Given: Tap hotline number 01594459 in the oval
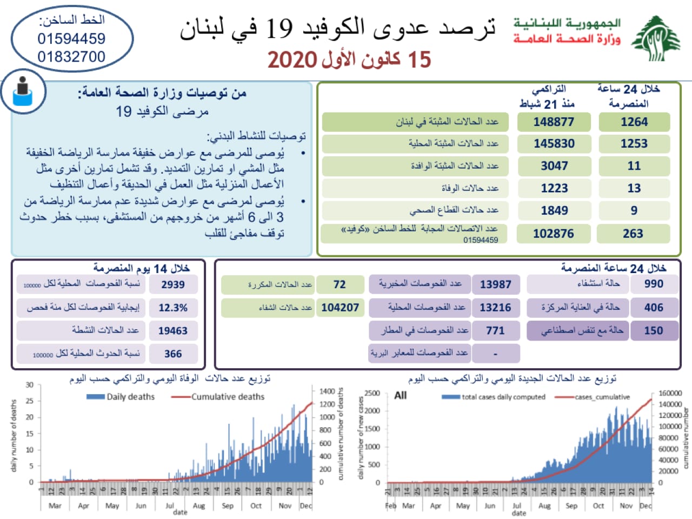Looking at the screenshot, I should pos(71,39).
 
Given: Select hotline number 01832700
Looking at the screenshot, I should pos(71,57).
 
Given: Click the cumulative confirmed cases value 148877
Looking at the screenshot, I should pos(554,122).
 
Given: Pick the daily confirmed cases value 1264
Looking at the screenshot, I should pos(634,122).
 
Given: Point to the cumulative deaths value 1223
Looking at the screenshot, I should pos(554,188).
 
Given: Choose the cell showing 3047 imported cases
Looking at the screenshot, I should pos(554,166).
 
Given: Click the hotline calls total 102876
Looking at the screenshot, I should pos(554,234).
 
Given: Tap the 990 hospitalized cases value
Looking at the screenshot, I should pos(654,284).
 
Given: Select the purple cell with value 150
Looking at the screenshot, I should pos(654,330).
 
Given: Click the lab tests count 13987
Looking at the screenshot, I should pos(495,284).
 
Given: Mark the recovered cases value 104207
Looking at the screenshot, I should pos(340,308).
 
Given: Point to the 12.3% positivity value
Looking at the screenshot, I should pos(173,308).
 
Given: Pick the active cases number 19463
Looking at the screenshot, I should pos(173,331).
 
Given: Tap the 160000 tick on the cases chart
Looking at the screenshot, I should pos(670,393).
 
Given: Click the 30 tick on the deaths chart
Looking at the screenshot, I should pos(29,385).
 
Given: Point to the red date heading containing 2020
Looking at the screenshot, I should pos(349,59).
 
